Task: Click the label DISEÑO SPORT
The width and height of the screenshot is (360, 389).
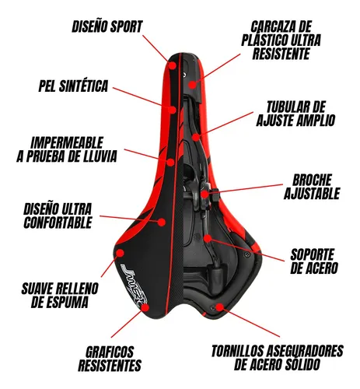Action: [x=107, y=26]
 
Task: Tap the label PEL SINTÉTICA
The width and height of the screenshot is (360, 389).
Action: [x=73, y=86]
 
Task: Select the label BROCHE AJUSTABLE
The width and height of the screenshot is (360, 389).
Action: [x=312, y=187]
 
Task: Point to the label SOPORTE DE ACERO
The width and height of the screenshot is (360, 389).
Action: [x=314, y=261]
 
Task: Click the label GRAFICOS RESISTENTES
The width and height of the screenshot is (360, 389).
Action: [x=110, y=359]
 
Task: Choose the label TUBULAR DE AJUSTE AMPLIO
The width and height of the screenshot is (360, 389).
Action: [x=295, y=114]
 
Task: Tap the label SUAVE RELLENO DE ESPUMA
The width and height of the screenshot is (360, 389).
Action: [x=60, y=296]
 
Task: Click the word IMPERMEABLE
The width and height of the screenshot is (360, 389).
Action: [x=67, y=142]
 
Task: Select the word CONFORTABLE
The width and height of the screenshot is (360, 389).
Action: [x=58, y=223]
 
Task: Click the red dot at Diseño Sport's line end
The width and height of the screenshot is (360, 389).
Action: [x=172, y=65]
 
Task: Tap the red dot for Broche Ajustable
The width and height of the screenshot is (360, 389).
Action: [x=204, y=194]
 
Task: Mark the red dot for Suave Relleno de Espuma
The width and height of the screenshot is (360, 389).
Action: [x=121, y=253]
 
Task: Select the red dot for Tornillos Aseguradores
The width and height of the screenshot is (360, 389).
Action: [x=219, y=307]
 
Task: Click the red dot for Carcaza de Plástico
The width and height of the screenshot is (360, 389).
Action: [x=192, y=85]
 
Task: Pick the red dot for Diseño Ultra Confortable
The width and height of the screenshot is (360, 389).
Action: [x=162, y=223]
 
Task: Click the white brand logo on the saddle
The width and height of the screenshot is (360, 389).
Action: [x=135, y=286]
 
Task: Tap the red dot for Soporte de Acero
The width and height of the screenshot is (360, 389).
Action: [x=208, y=238]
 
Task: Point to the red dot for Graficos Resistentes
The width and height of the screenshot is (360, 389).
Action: [x=145, y=307]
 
